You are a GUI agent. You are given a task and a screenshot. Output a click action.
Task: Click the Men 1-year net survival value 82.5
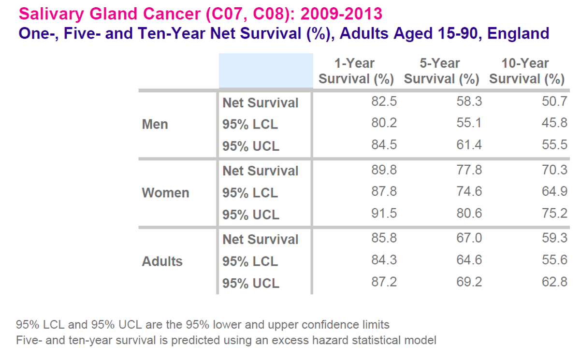[x=384, y=101]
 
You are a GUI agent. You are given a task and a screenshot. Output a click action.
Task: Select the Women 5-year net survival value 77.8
[x=469, y=170]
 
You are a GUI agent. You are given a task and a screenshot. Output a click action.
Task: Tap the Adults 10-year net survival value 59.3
[x=555, y=238]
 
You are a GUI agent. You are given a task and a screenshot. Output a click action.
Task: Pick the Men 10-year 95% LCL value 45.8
[x=555, y=123]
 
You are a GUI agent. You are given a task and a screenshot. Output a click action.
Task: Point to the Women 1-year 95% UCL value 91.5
[x=384, y=213]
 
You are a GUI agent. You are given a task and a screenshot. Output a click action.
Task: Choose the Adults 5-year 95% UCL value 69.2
[x=469, y=282]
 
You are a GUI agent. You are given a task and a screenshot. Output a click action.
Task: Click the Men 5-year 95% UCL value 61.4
[x=469, y=144]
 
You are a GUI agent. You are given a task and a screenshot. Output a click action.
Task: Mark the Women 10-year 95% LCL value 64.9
[x=555, y=191]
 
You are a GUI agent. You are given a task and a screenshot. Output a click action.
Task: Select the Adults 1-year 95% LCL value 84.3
[x=384, y=260]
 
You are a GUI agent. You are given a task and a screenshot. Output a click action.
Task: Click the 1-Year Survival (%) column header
[x=356, y=71]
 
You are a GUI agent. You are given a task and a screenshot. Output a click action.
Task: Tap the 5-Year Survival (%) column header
[x=441, y=71]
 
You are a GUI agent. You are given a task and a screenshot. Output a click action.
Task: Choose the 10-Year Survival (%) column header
[x=527, y=71]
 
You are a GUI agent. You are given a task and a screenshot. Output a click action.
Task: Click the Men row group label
[x=155, y=124]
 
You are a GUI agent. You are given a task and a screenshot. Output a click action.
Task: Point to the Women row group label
[x=165, y=193]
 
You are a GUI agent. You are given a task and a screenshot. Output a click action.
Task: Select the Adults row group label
[x=162, y=261]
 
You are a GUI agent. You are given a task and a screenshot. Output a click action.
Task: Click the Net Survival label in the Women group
[x=261, y=171]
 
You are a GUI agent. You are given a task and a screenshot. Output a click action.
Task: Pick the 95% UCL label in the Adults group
[x=251, y=283]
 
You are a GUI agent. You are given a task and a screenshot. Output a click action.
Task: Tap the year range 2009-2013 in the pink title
[x=341, y=14]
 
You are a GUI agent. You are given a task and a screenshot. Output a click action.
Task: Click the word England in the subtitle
[x=518, y=33]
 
